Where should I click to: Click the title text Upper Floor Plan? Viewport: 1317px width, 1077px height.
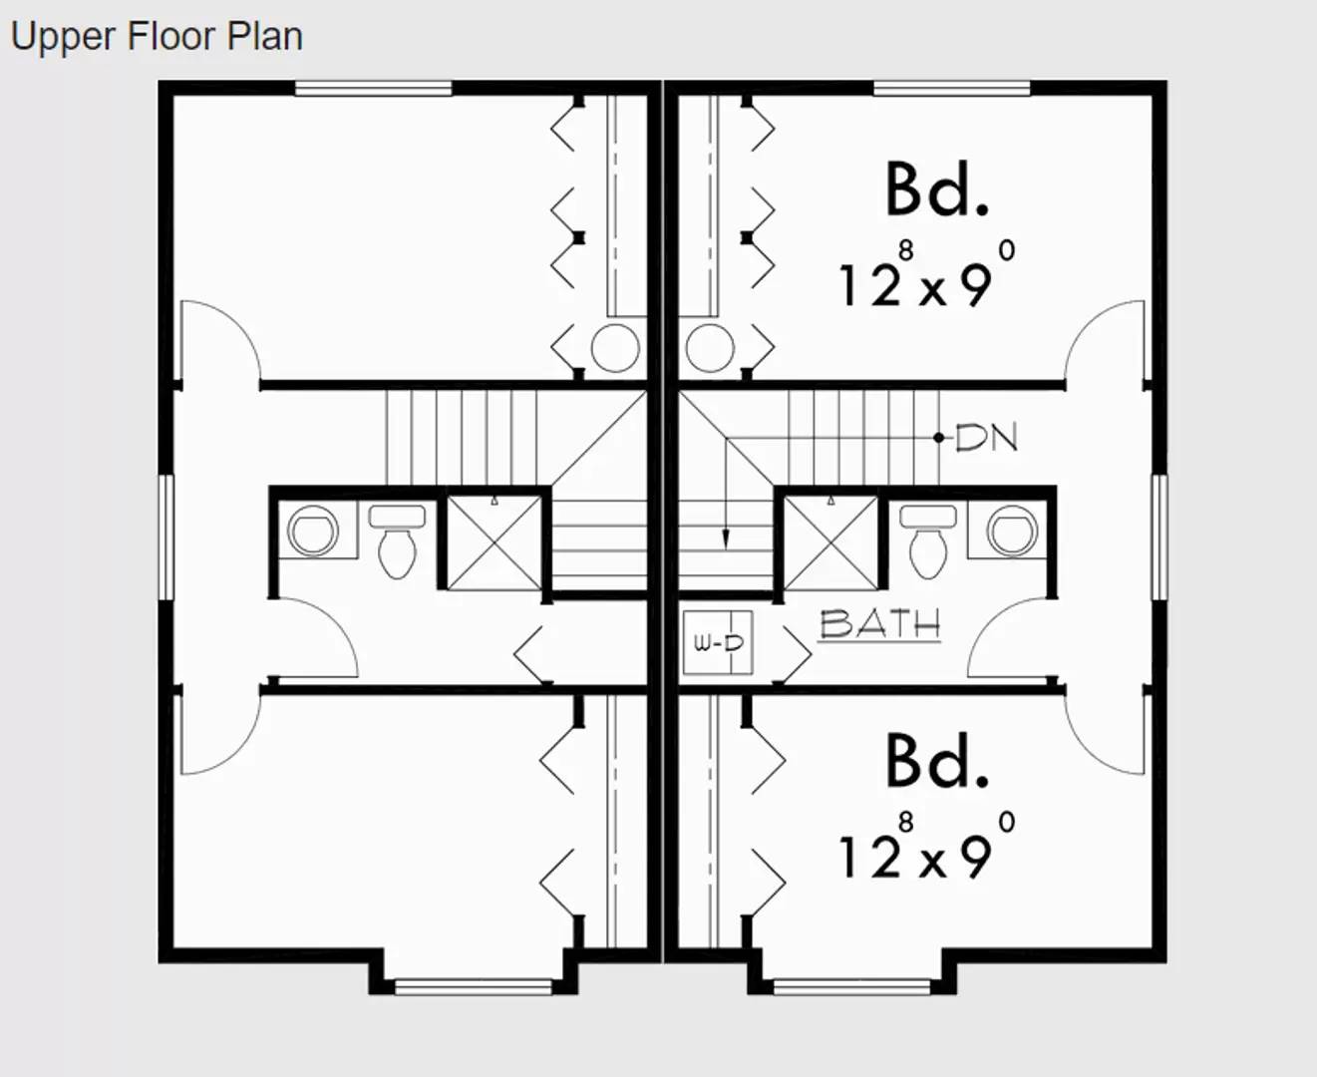pos(157,37)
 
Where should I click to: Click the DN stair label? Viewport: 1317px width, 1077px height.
pos(986,437)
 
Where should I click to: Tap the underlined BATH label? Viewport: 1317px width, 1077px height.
pos(879,624)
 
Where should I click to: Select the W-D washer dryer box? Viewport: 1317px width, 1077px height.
pos(718,643)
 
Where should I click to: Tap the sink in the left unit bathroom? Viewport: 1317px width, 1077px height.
pos(312,530)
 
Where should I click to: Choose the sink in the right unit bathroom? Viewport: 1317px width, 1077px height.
pos(1014,530)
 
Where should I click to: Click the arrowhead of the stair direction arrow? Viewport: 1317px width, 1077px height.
pos(726,538)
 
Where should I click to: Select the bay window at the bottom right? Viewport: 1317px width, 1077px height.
pos(851,986)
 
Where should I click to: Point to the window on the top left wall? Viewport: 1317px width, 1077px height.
pos(374,89)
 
